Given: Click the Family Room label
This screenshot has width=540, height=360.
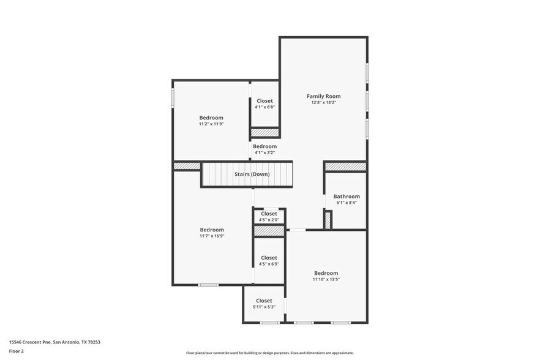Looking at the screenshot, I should pos(323,96).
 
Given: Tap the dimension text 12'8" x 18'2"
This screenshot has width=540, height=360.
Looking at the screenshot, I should pos(323,103).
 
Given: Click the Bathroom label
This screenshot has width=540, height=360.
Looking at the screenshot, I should pos(347,197).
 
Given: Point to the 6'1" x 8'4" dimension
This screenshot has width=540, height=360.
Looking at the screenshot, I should pos(347,203).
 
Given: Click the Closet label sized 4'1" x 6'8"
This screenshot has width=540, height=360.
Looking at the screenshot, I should pos(264,100).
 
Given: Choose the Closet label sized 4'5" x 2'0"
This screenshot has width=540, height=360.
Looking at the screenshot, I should pos(269,214).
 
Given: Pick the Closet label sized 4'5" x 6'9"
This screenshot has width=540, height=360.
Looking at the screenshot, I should pos(269,258).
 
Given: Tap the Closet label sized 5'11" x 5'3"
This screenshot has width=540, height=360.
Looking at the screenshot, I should pos(264,301).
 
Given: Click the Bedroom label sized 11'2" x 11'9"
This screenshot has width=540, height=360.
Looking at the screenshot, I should pos(211,118).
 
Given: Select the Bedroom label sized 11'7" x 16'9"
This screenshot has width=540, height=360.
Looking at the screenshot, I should pos(211,230).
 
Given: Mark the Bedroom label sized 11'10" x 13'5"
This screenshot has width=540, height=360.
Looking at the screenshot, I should pos(326,273).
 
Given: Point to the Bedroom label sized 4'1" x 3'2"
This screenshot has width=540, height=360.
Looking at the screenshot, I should pos(264,146).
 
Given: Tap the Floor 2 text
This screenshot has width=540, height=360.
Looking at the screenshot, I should pos(17,351).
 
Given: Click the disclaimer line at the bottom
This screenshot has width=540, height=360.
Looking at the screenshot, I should pos(270,353).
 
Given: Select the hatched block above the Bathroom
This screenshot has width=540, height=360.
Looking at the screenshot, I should pos(345,167).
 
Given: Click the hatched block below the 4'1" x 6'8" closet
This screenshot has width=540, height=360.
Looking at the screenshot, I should pos(264,132).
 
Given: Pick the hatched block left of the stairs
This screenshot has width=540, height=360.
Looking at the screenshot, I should pos(187,166).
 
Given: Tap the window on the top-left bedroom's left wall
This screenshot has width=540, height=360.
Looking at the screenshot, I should pos(173,98).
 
